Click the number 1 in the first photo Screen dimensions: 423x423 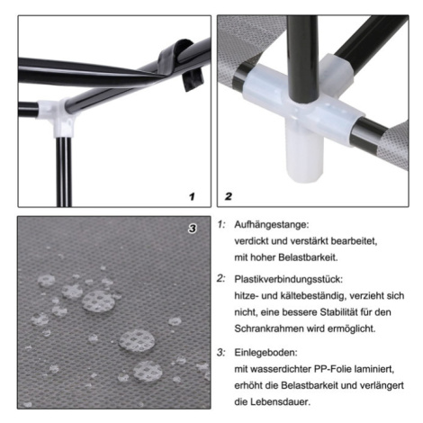tap(192, 196)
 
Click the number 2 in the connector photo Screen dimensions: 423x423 tap(229, 196)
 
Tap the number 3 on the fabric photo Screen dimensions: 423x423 tap(192, 229)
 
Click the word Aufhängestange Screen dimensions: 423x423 tap(271, 224)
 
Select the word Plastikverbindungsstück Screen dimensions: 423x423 tap(288, 279)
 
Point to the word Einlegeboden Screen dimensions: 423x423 tap(265, 352)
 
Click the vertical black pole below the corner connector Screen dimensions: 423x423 tap(64, 172)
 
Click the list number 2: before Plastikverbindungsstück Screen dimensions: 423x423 tap(221, 279)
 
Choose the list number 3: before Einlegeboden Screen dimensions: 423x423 tap(221, 352)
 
